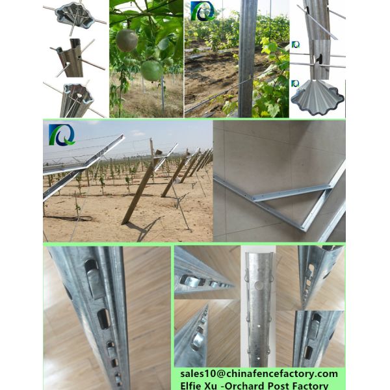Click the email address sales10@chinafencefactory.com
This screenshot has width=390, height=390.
click(x=259, y=374)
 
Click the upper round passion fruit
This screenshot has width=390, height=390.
click(x=127, y=40)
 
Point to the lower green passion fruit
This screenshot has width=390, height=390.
click(x=152, y=71)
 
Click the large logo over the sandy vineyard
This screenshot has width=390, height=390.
click(x=62, y=135)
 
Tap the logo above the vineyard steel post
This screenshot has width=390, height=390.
click(x=202, y=10)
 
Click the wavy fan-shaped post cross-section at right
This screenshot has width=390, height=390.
click(x=317, y=97)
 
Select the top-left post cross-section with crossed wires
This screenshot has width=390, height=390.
click(x=75, y=16)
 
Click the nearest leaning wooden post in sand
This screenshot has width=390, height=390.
click(x=140, y=192)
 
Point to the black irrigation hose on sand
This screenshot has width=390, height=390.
click(x=70, y=218)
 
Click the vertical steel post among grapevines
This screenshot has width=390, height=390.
click(x=246, y=58)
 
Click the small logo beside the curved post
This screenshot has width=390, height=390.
click(x=296, y=44)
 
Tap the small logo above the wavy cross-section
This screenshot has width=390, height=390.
click(x=295, y=83)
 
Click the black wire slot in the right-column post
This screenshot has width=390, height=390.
click(x=318, y=58)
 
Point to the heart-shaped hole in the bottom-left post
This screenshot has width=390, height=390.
click(x=79, y=96)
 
